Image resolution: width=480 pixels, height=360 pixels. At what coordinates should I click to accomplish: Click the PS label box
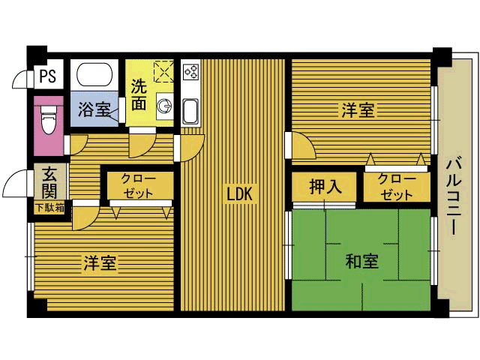coord(47,75)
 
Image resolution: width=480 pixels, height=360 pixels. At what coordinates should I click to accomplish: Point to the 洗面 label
coord(139,94)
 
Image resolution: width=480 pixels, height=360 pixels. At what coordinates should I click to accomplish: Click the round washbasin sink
coord(163,106)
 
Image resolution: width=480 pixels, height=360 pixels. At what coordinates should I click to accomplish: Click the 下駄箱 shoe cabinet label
coord(49,208)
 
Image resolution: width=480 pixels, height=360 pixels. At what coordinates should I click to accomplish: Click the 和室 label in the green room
coord(361,262)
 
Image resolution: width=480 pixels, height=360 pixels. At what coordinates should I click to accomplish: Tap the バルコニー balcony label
coord(454,195)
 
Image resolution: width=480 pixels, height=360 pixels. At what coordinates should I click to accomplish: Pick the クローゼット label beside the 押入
coord(395,187)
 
